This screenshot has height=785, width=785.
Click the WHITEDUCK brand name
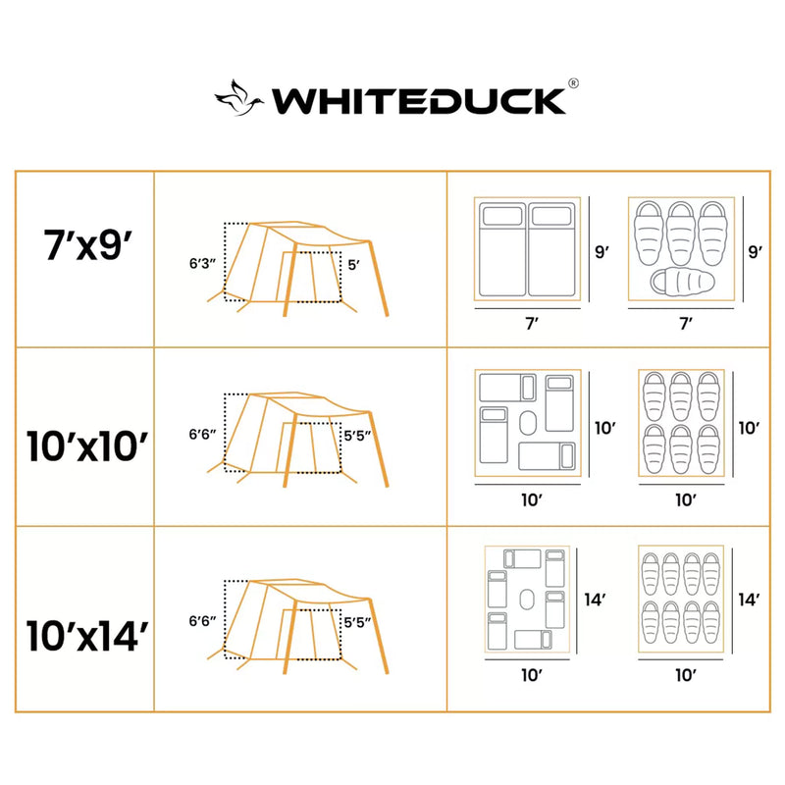(x=419, y=100)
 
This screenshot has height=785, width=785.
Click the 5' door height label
(x=354, y=263)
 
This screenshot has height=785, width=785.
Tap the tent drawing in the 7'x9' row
(x=299, y=263)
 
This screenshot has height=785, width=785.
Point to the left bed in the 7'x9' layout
(x=500, y=249)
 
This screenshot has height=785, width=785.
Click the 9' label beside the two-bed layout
(x=603, y=251)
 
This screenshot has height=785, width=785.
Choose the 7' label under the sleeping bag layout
(x=686, y=321)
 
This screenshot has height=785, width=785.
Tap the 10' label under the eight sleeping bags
(x=686, y=674)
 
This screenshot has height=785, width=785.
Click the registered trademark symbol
(x=573, y=84)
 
